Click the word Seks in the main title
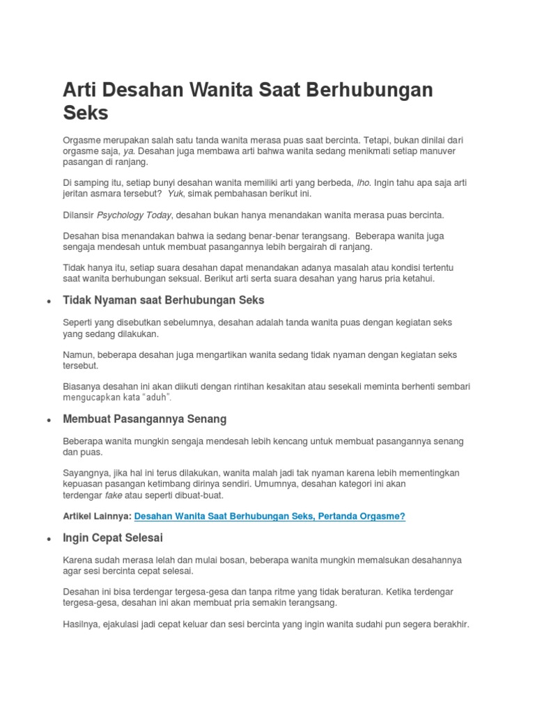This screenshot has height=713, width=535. [86, 113]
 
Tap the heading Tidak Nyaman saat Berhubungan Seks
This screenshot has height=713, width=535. [164, 301]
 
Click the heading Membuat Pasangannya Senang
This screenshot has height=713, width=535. [144, 420]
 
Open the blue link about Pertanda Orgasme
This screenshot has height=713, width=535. [269, 516]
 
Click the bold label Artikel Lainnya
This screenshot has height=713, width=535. [97, 516]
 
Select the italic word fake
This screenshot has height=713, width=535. [113, 495]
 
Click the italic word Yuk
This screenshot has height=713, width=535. [175, 194]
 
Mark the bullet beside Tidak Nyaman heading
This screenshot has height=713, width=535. [47, 302]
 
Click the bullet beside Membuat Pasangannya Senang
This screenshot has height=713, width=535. [47, 421]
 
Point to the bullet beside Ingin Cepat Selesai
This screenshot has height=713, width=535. [47, 540]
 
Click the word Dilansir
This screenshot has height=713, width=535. [78, 215]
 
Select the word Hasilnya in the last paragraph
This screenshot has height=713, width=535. [82, 625]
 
